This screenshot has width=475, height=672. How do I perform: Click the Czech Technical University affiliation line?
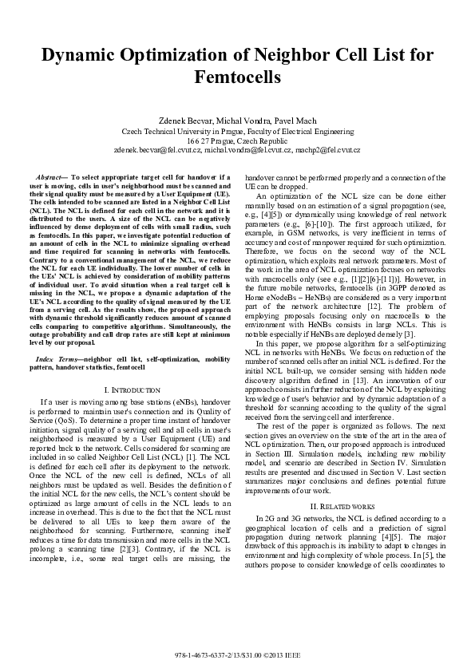pos(237,130)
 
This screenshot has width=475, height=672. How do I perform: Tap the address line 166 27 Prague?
pos(237,140)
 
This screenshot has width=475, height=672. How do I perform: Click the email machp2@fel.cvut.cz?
pos(327,149)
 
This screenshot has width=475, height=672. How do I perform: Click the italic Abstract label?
pos(51,176)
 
